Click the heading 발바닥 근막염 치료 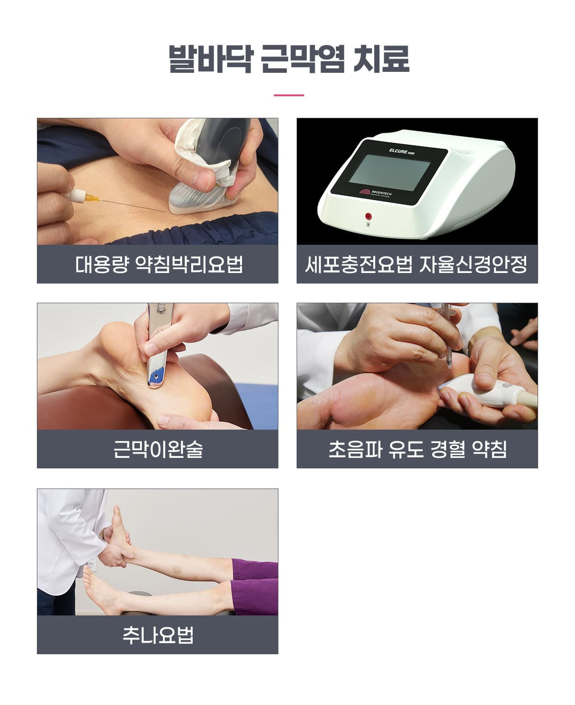point(288,59)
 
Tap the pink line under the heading point(288,95)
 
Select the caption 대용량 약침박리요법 point(159,264)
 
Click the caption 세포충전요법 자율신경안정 point(416,264)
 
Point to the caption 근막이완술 point(158,449)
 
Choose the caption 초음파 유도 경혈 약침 point(417,449)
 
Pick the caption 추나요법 point(158,635)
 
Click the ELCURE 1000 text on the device point(402,151)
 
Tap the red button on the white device point(368,216)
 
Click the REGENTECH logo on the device point(376,193)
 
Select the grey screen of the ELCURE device point(390,172)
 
